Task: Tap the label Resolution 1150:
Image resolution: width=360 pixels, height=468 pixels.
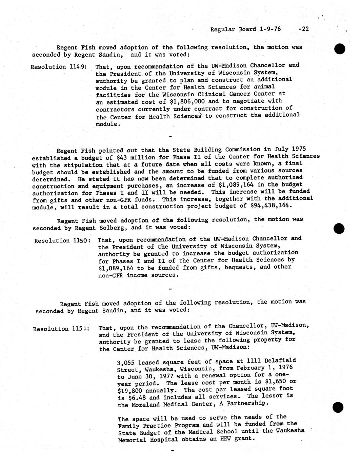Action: [62, 240]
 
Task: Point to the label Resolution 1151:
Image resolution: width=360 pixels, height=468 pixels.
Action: [61, 329]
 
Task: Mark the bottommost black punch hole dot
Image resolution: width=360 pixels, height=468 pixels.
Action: [339, 407]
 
